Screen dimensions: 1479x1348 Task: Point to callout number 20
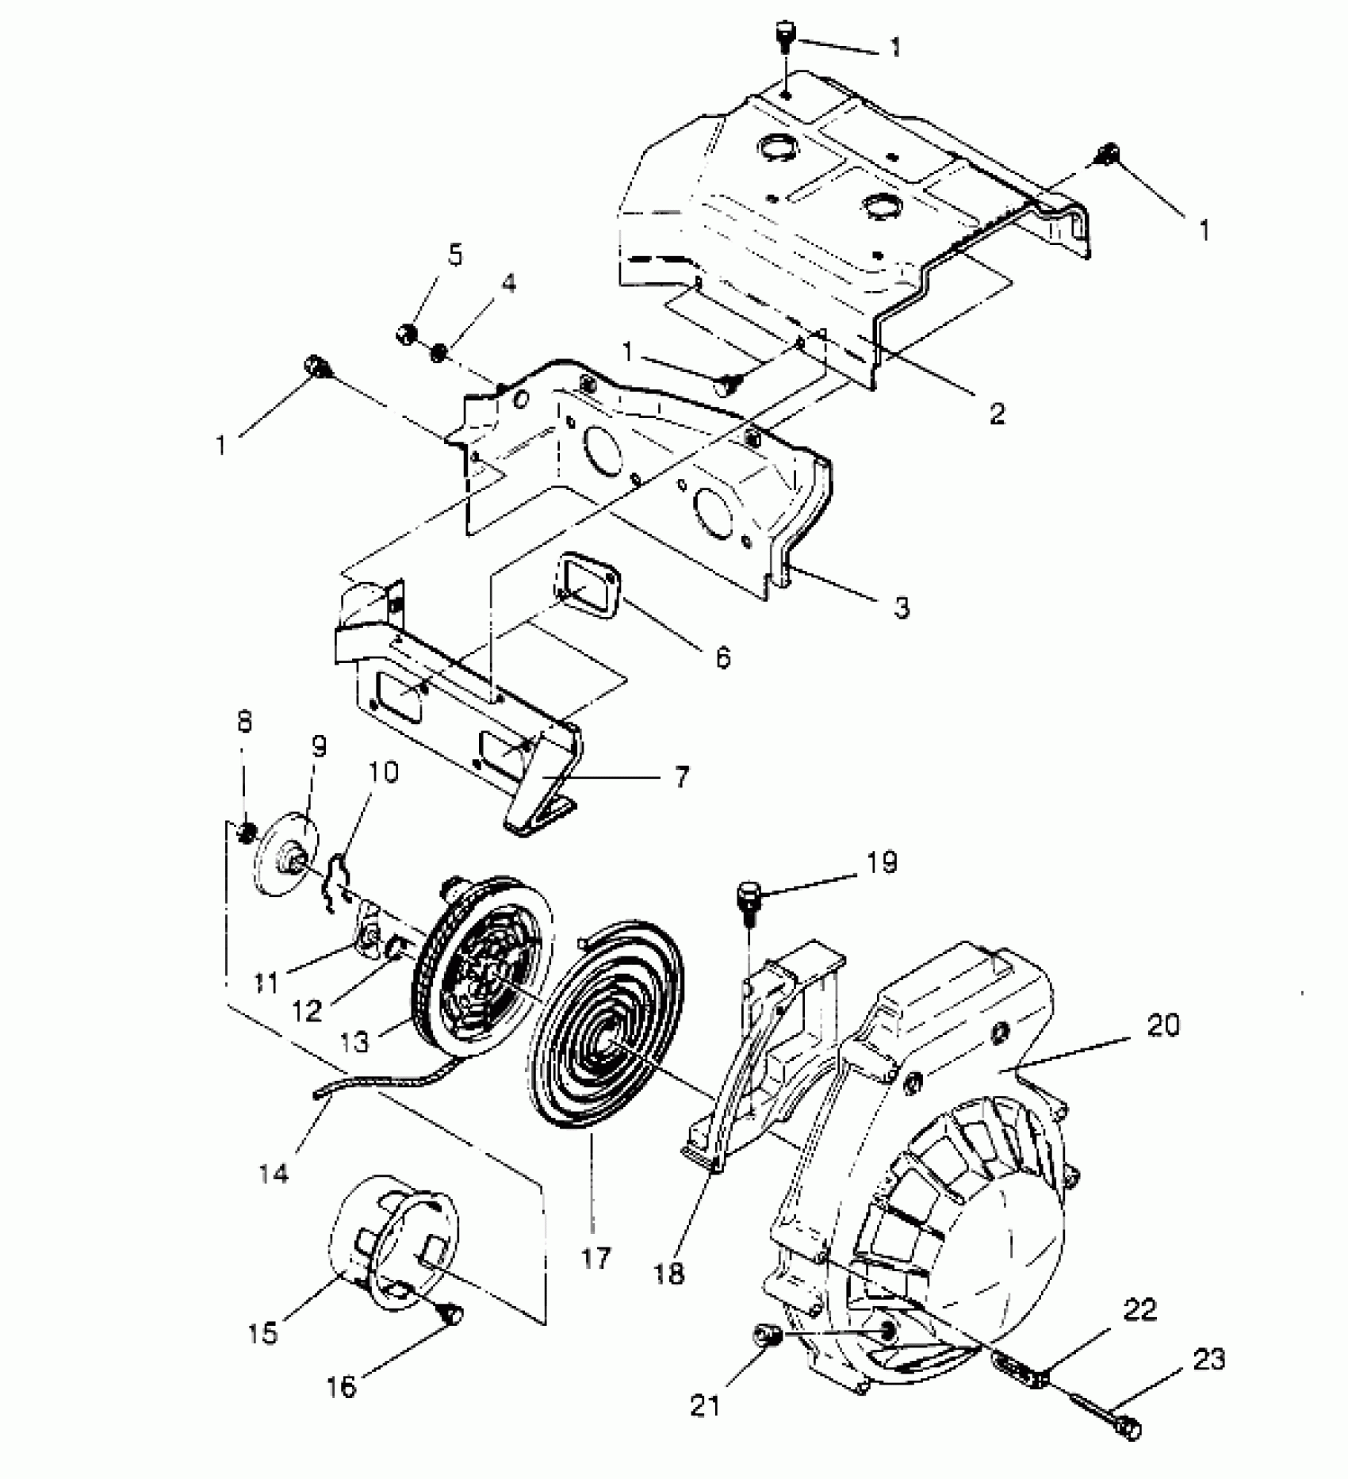[1162, 1025]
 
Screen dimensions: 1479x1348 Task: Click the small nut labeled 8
[247, 831]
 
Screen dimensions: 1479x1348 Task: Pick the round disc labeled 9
[283, 862]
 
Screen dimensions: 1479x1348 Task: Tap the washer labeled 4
[438, 351]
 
